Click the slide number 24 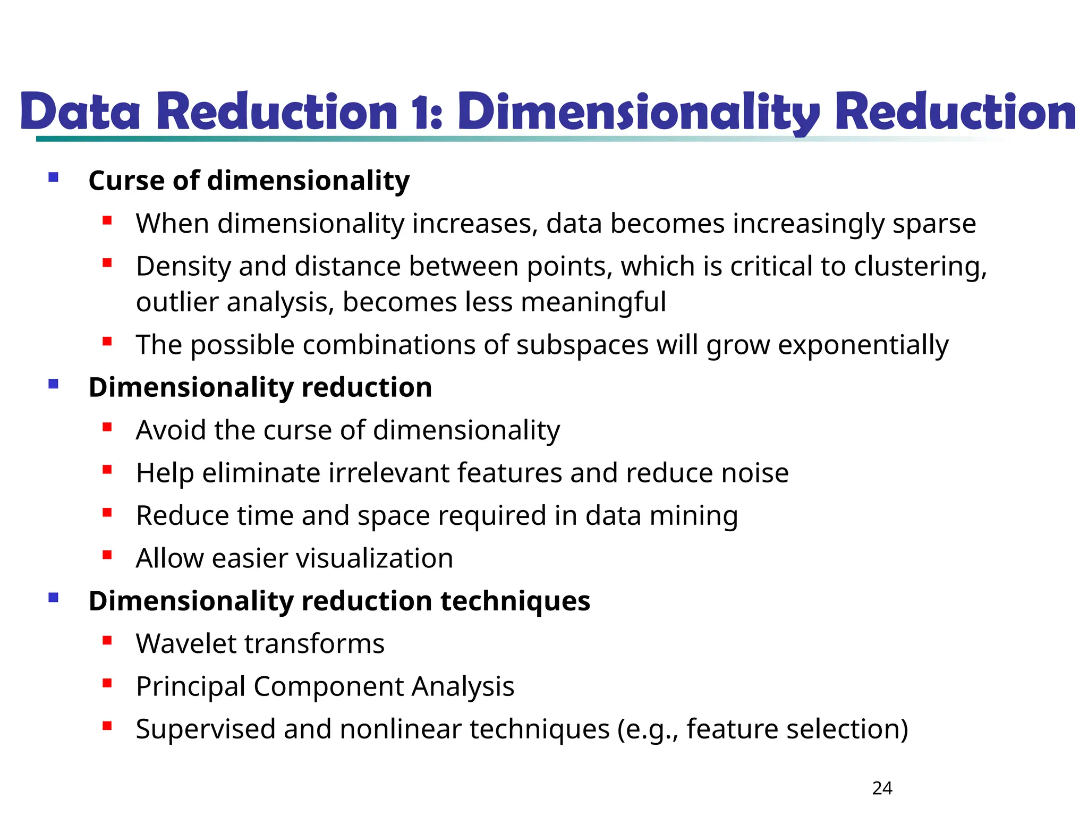pos(882,788)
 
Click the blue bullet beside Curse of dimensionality pos(53,177)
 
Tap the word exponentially pos(863,345)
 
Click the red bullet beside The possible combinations pos(107,342)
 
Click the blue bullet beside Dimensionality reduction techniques pos(53,598)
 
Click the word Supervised pos(205,729)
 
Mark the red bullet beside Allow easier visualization pos(107,555)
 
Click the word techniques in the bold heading pos(515,601)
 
